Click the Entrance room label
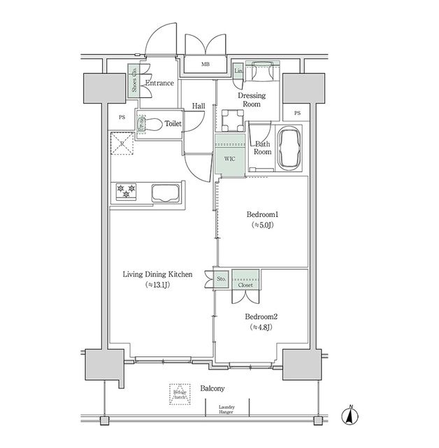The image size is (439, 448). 159,83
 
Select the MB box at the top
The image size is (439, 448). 205,65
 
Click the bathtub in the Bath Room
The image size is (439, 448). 289,148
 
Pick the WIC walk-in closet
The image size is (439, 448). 229,159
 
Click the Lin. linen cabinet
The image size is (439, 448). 238,71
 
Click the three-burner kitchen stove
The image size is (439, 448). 126,192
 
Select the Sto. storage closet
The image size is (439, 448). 221,279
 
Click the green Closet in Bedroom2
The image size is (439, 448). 246,279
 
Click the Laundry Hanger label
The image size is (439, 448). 226,409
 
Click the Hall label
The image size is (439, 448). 198,106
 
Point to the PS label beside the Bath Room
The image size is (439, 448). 297,113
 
